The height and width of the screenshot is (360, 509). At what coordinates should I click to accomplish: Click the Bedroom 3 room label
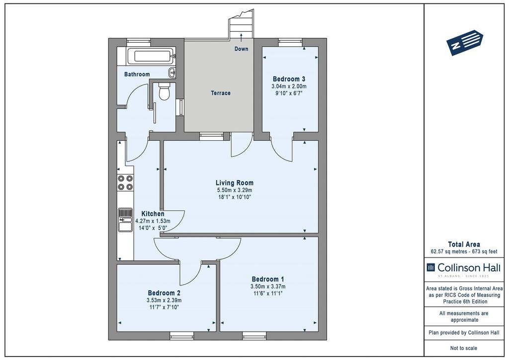[289, 79]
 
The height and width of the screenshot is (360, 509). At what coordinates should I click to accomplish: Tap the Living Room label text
[235, 183]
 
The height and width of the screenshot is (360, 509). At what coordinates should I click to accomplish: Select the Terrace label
[221, 93]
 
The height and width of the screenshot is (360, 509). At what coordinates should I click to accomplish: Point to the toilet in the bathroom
[164, 91]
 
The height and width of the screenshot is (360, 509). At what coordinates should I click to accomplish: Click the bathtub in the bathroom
[151, 57]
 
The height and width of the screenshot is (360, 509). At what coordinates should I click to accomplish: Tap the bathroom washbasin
[172, 73]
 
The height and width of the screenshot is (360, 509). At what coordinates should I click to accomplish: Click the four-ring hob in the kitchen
[125, 182]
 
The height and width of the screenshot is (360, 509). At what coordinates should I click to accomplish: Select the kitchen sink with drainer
[125, 220]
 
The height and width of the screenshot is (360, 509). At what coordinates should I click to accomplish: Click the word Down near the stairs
[241, 49]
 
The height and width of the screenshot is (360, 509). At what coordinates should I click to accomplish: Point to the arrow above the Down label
[241, 37]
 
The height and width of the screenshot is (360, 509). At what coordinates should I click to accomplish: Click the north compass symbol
[465, 43]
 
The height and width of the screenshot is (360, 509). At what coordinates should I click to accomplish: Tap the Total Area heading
[464, 245]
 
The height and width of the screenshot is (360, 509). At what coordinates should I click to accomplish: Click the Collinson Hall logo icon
[430, 268]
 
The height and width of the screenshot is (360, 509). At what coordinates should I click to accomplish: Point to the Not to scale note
[464, 348]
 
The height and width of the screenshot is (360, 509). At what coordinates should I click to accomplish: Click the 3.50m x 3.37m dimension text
[268, 286]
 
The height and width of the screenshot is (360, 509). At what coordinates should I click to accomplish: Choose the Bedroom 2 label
[164, 293]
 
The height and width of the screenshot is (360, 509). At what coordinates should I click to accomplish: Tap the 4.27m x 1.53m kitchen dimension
[153, 221]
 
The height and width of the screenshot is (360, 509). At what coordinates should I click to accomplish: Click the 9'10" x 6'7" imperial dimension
[289, 93]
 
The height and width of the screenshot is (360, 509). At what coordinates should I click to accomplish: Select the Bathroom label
[137, 75]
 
